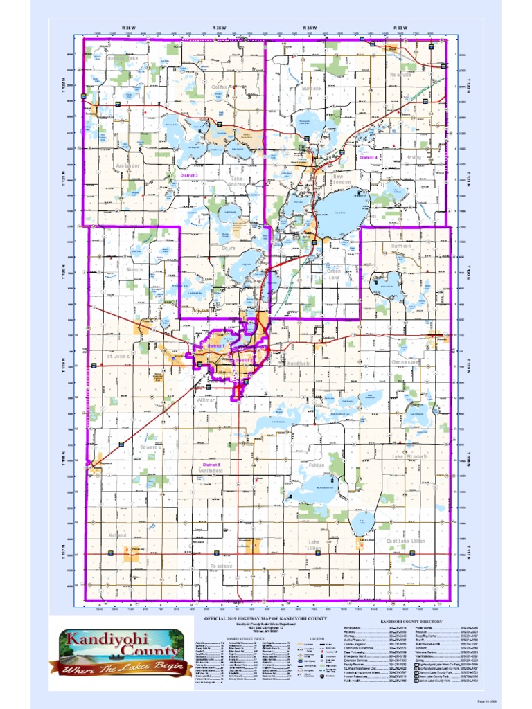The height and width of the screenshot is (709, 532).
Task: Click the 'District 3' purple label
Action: click(x=189, y=176)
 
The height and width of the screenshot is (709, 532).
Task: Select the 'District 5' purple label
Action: click(x=211, y=464)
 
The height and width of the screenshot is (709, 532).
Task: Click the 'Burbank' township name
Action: click(x=312, y=89)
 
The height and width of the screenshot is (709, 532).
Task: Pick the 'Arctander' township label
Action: click(x=128, y=166)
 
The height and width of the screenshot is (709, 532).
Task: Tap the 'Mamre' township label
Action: click(x=134, y=269)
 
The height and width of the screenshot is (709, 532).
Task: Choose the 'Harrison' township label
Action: click(x=400, y=246)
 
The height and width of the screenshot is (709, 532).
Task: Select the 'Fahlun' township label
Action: click(x=317, y=465)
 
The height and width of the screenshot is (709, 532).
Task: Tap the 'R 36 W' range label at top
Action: click(x=128, y=28)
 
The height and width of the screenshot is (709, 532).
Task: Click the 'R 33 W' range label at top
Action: click(x=400, y=28)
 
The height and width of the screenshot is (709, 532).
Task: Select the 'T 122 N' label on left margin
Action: click(x=61, y=86)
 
